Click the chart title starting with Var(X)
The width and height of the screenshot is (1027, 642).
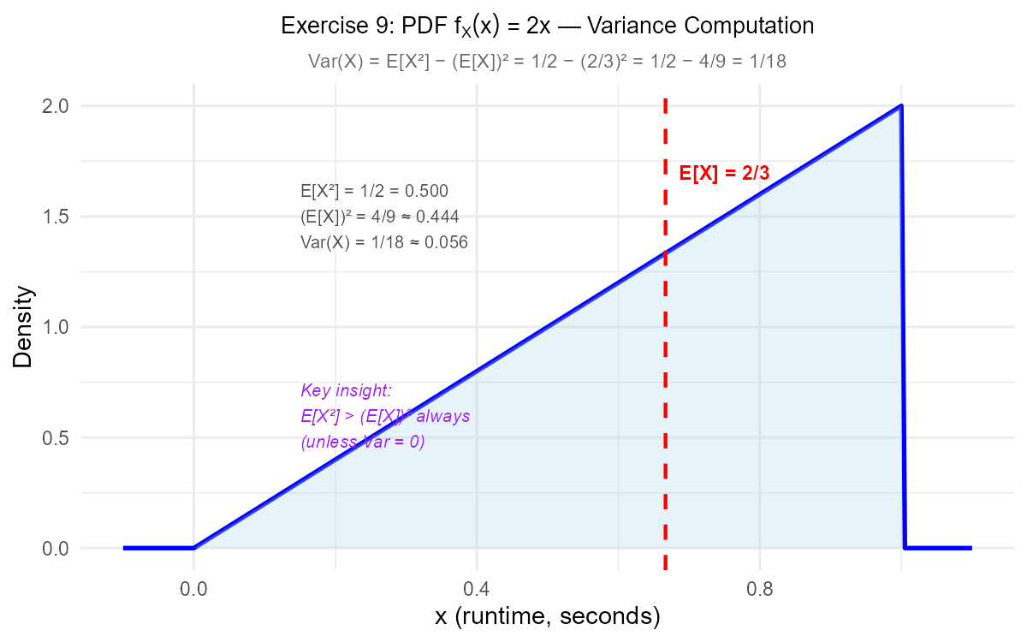547,62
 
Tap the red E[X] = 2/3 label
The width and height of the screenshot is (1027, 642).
724,173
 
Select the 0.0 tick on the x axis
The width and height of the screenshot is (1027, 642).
193,590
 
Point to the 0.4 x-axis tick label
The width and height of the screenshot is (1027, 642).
477,590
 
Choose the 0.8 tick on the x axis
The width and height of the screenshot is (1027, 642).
760,590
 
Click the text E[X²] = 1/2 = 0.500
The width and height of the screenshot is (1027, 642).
374,191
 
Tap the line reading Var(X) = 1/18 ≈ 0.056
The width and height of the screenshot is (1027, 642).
384,242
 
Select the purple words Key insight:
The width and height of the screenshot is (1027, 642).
346,391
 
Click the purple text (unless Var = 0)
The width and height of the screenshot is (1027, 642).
362,443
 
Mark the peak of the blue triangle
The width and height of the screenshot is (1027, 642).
900,107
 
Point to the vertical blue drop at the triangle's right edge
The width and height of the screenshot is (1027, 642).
903,342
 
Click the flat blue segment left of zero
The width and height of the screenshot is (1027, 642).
158,548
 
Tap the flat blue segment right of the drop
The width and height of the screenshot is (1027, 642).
937,548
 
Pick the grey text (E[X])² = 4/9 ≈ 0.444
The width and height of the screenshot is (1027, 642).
380,217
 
